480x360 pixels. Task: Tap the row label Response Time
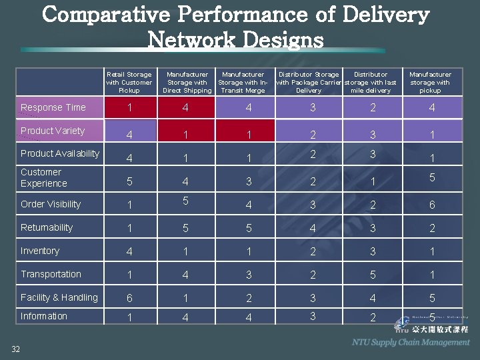pyautogui.click(x=53, y=107)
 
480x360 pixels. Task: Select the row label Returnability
pyautogui.click(x=47, y=227)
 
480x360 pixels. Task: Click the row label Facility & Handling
pyautogui.click(x=59, y=297)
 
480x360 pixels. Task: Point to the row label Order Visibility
pyautogui.click(x=51, y=204)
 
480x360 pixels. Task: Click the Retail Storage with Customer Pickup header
pyautogui.click(x=129, y=82)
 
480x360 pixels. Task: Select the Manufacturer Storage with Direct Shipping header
pyautogui.click(x=187, y=82)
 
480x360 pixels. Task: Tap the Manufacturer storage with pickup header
pyautogui.click(x=430, y=82)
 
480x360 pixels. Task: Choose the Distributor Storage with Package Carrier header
pyautogui.click(x=309, y=82)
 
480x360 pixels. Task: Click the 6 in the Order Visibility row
pyautogui.click(x=431, y=205)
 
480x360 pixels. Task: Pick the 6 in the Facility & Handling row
pyautogui.click(x=129, y=299)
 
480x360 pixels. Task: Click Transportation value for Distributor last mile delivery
pyautogui.click(x=373, y=275)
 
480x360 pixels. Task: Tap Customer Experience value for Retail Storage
pyautogui.click(x=129, y=181)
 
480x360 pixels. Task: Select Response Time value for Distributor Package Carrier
pyautogui.click(x=312, y=107)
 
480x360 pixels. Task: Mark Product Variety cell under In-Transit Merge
pyautogui.click(x=248, y=135)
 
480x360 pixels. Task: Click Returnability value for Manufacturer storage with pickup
pyautogui.click(x=431, y=228)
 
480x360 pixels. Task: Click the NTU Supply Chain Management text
pyautogui.click(x=411, y=342)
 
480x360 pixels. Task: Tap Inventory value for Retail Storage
pyautogui.click(x=129, y=251)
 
